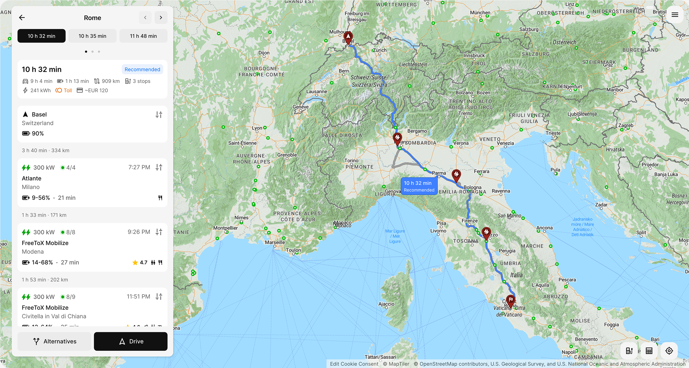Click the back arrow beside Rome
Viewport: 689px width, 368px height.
22,18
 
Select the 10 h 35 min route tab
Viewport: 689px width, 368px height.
92,36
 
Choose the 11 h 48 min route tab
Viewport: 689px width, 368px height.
143,36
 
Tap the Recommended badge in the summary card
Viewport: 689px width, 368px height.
142,70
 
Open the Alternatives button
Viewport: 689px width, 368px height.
54,341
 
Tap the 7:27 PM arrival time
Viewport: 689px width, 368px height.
139,167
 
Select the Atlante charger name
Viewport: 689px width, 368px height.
32,178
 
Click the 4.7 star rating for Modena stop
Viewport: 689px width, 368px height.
140,262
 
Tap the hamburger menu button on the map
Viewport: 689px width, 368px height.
675,15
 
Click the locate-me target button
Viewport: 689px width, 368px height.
669,351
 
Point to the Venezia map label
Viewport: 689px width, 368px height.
505,143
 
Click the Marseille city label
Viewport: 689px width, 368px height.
275,242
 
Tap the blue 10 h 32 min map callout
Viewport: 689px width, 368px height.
419,186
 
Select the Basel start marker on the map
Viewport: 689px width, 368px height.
348,37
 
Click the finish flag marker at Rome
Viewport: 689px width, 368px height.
510,300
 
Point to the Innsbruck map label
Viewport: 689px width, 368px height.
474,55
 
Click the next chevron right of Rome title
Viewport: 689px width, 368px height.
161,18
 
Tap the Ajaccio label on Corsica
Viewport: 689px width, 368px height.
386,304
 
